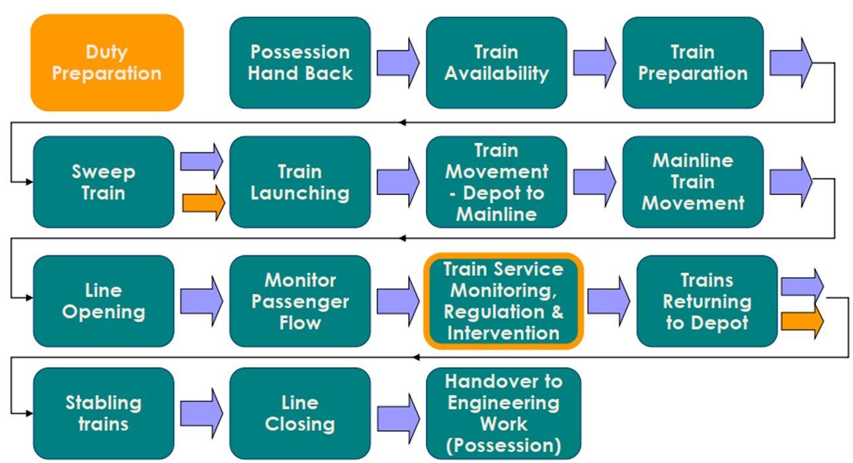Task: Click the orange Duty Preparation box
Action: (x=107, y=63)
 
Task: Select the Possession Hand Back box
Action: (x=300, y=63)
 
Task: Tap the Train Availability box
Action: (x=497, y=63)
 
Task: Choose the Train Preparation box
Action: (x=693, y=63)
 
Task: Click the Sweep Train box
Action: (x=104, y=182)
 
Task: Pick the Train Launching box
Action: (x=300, y=182)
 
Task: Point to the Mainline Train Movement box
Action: (x=693, y=182)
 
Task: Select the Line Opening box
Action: (x=104, y=301)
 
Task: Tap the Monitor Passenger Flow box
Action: (x=300, y=301)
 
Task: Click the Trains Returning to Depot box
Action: (x=707, y=301)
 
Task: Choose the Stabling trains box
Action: (x=104, y=413)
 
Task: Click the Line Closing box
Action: (x=300, y=413)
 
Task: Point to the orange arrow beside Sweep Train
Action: (x=204, y=203)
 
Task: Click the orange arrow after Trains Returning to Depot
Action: (x=802, y=321)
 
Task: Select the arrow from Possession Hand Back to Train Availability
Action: (x=398, y=63)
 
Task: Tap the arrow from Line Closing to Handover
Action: (x=398, y=419)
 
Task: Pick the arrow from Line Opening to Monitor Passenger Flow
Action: (x=202, y=301)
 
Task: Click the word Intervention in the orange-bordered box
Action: (x=503, y=333)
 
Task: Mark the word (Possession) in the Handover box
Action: (x=503, y=445)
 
